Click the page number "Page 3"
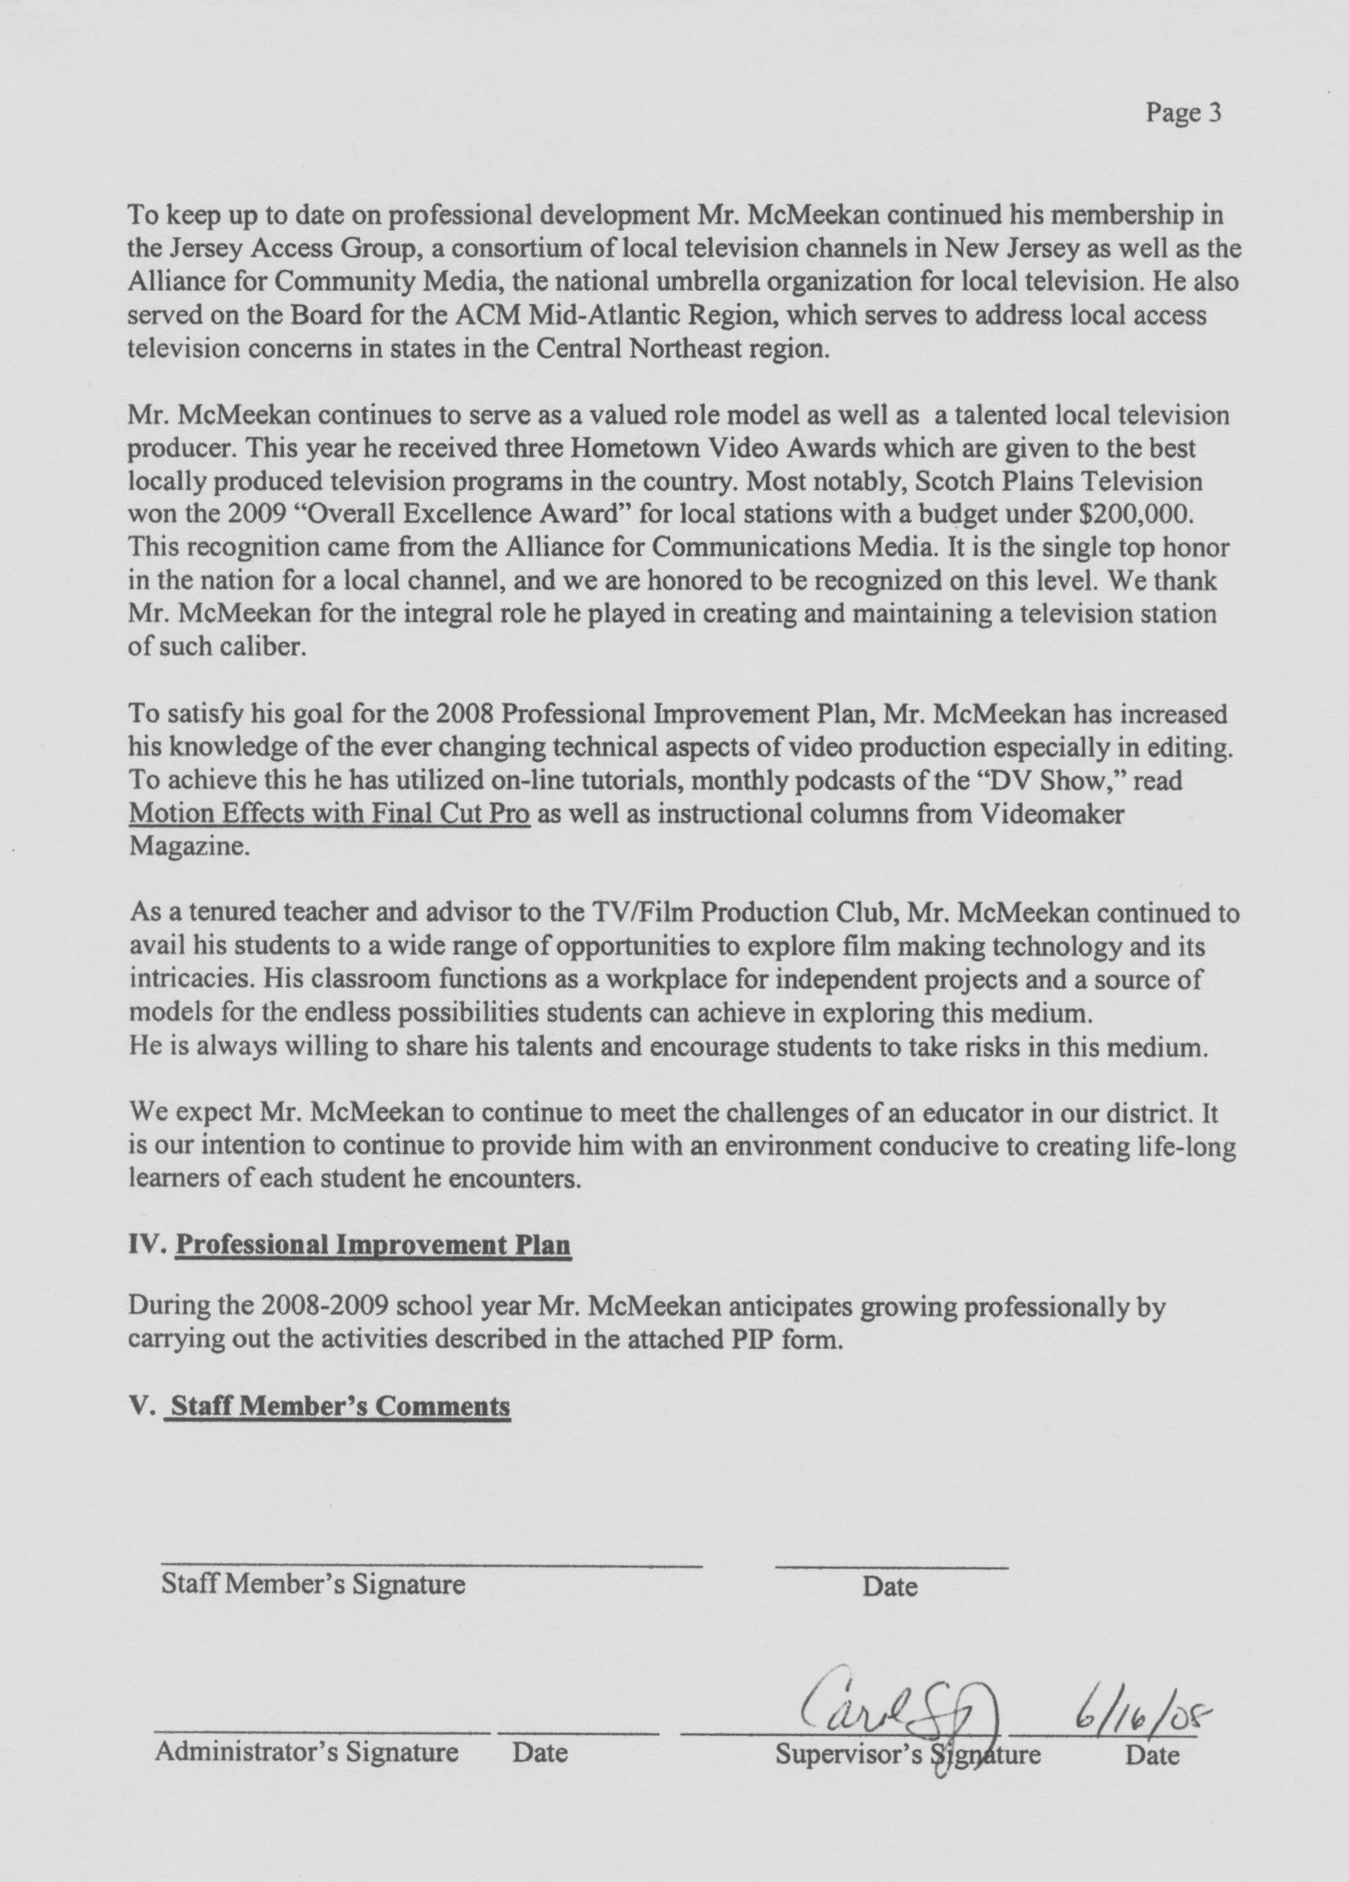click(1183, 113)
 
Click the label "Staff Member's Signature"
click(313, 1584)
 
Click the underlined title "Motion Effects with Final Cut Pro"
click(329, 814)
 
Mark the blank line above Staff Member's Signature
click(432, 1564)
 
